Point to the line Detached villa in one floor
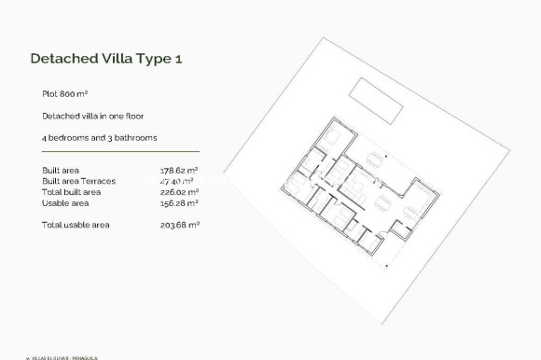coord(91,116)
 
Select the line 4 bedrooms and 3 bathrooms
coord(99,137)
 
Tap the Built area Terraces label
coord(78,181)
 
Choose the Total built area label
coord(73,191)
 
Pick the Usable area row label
coord(65,202)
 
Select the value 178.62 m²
coord(179,171)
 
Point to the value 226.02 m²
coord(179,191)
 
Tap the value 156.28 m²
coord(179,202)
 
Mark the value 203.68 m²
coord(179,225)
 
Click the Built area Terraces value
coord(179,181)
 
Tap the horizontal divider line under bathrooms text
coord(120,152)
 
